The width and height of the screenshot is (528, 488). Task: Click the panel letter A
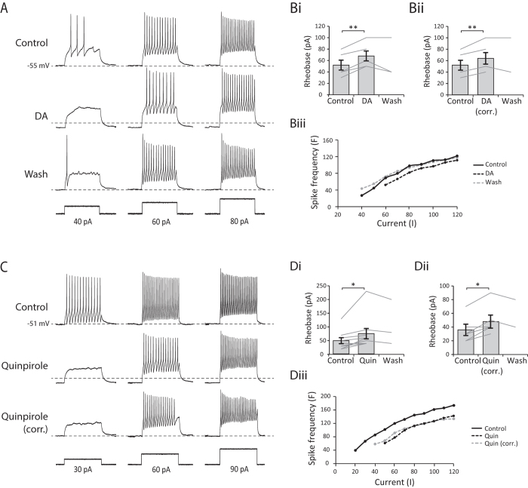click(6, 8)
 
